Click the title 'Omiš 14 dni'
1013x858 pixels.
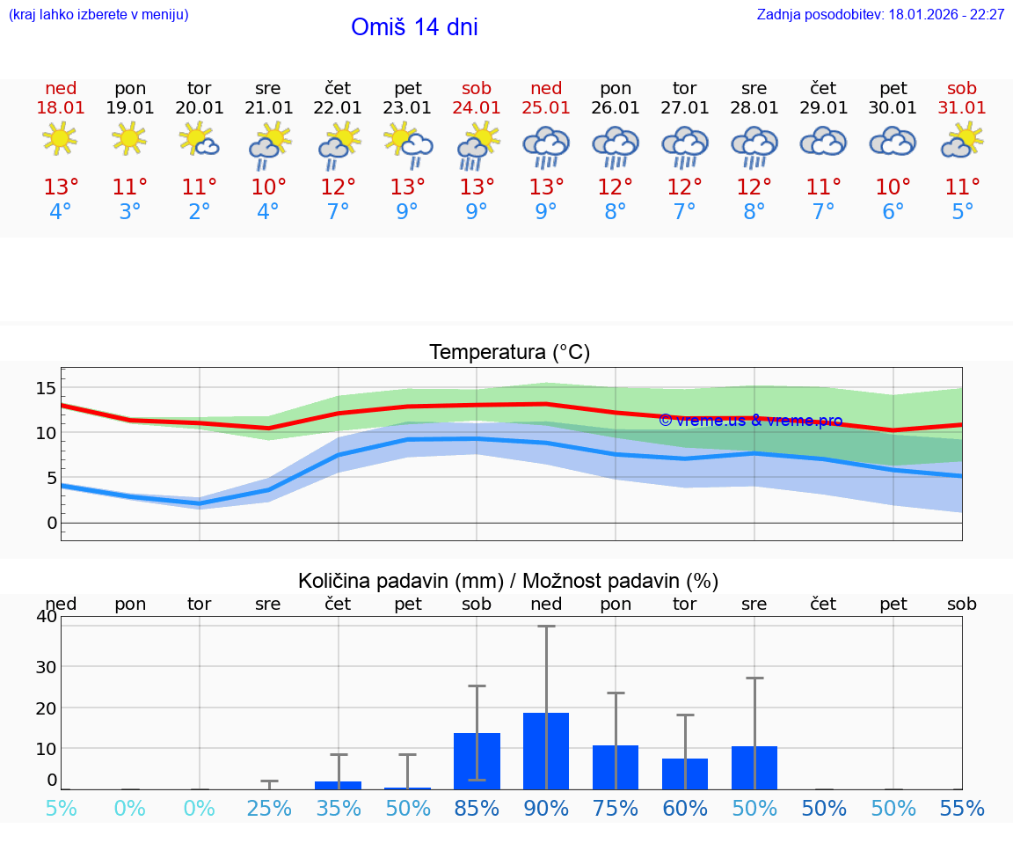(414, 27)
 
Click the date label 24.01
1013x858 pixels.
(477, 108)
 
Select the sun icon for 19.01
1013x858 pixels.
(129, 138)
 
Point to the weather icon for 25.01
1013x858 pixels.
(546, 145)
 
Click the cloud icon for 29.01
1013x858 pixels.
(823, 142)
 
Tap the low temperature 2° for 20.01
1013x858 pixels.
(200, 212)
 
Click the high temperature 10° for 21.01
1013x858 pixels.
(268, 187)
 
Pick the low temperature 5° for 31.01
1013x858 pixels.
(963, 212)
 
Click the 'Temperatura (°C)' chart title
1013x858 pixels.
(509, 353)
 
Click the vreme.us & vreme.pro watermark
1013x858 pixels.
(751, 421)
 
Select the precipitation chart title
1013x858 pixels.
(508, 581)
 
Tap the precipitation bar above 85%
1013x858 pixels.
(477, 761)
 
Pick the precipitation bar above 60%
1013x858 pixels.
(685, 774)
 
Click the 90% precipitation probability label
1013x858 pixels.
(546, 809)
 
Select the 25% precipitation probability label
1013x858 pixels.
(268, 809)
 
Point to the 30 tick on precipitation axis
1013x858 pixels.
(46, 666)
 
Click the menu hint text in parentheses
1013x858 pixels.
(98, 15)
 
